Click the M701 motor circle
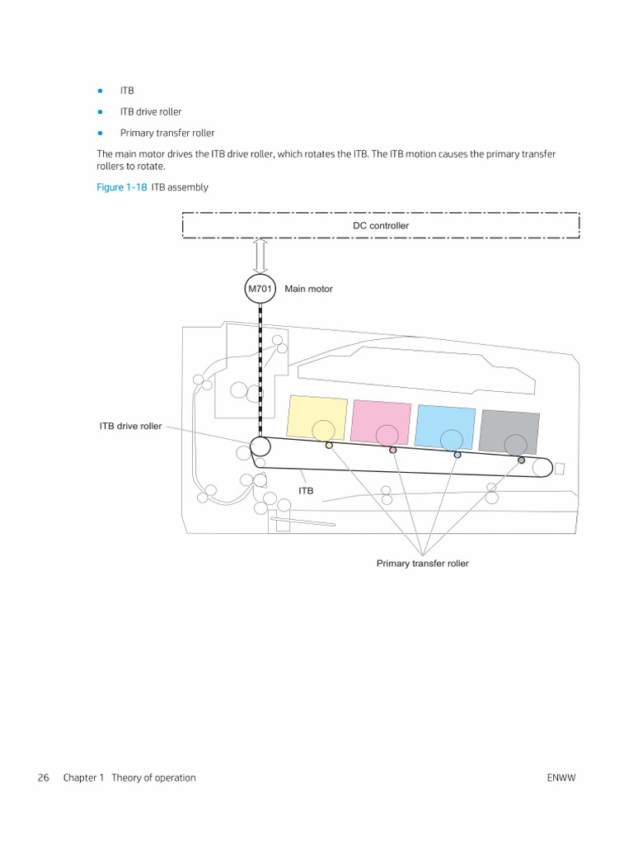(x=260, y=289)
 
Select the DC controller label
(x=381, y=225)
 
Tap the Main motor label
(x=309, y=289)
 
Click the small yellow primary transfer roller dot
(x=329, y=446)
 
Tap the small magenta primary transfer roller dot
(x=393, y=450)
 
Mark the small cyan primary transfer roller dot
(x=457, y=455)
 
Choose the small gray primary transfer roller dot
(x=522, y=460)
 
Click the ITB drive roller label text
(x=131, y=427)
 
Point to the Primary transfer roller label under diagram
(x=423, y=564)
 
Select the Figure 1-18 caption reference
(x=122, y=187)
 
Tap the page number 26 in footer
(x=44, y=777)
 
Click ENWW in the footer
(x=560, y=777)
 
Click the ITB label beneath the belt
(x=306, y=490)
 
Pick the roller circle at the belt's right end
(x=542, y=468)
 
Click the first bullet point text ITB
(x=127, y=90)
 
